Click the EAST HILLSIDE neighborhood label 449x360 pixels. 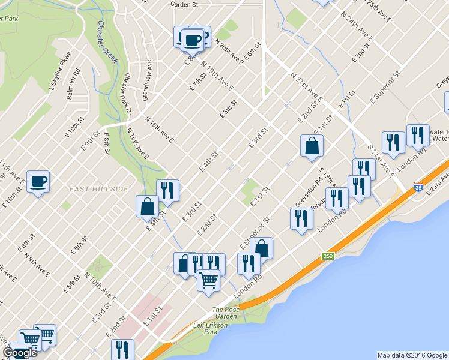click(98, 189)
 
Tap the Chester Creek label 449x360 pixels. click(108, 43)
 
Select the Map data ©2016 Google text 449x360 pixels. click(412, 355)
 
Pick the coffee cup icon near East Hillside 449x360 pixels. click(38, 181)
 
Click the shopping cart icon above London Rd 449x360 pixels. click(208, 281)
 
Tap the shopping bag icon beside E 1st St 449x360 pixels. click(312, 146)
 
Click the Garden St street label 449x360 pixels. click(184, 4)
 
